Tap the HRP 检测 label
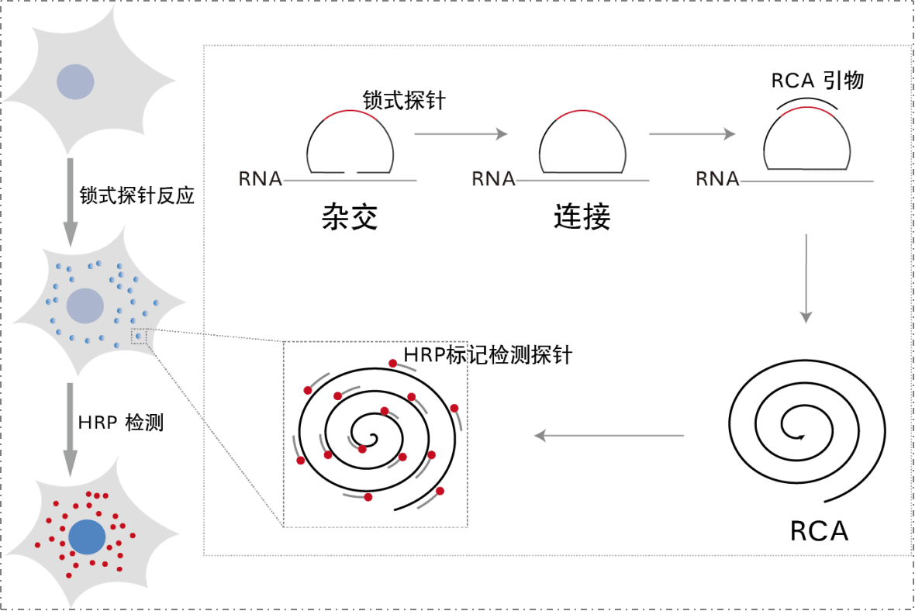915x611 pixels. pyautogui.click(x=120, y=423)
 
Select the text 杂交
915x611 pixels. pyautogui.click(x=349, y=218)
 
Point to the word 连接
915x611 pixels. pyautogui.click(x=582, y=218)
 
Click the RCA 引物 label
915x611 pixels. pyautogui.click(x=817, y=81)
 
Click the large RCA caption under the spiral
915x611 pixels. pyautogui.click(x=819, y=531)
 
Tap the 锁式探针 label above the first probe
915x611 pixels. pyautogui.click(x=404, y=100)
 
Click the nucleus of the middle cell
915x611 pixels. pyautogui.click(x=85, y=305)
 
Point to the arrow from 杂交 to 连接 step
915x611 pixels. pyautogui.click(x=461, y=134)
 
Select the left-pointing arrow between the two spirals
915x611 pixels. pyautogui.click(x=609, y=437)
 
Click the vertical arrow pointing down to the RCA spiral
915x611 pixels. pyautogui.click(x=806, y=278)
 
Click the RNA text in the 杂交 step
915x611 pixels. pyautogui.click(x=261, y=178)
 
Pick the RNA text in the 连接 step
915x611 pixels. pyautogui.click(x=493, y=178)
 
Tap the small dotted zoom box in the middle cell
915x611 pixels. pyautogui.click(x=138, y=336)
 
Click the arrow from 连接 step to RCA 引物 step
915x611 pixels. pyautogui.click(x=692, y=134)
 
